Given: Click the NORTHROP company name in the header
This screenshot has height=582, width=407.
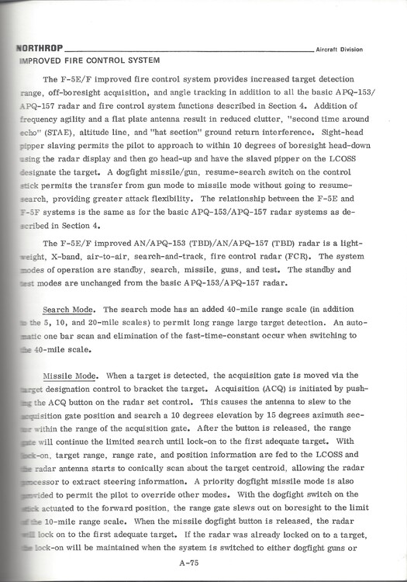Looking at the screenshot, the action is [x=38, y=49].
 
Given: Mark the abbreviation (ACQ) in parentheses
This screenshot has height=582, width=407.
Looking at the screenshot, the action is [x=274, y=386].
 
